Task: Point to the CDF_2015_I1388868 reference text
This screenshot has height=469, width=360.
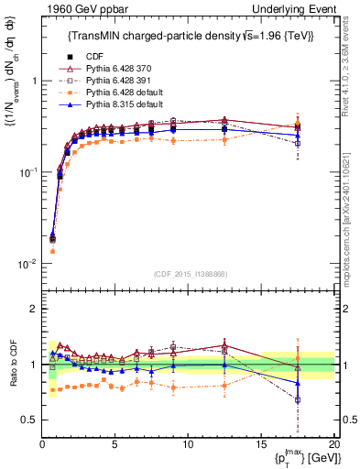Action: click(x=189, y=272)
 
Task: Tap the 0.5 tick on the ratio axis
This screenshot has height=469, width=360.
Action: click(x=30, y=420)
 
